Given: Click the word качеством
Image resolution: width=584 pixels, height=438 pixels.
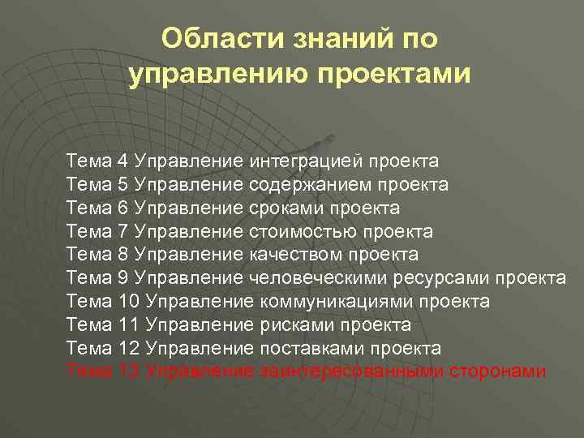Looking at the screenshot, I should (297, 255).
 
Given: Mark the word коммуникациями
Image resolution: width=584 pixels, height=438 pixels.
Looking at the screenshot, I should (340, 302).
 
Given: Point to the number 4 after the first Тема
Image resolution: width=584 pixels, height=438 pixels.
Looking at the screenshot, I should (122, 161).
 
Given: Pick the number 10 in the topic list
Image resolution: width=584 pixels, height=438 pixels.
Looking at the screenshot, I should (129, 302).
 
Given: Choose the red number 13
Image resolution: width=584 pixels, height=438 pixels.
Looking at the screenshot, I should (129, 371).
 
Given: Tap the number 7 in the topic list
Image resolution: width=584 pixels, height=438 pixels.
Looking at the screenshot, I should (122, 231).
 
